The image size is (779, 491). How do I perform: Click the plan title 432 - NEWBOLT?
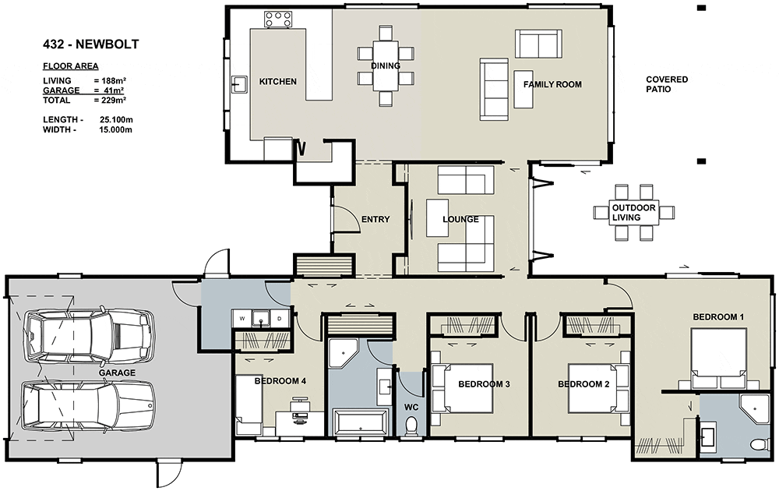point(91,44)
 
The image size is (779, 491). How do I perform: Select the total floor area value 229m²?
point(110,100)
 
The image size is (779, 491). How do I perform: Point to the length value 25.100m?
point(116,120)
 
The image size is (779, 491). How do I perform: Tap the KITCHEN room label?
point(278,82)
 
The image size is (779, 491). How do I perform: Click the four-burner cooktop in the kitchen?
point(278,19)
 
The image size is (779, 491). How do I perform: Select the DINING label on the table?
point(386,65)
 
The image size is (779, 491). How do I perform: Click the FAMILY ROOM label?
point(552,84)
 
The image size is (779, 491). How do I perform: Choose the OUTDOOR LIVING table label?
point(633,213)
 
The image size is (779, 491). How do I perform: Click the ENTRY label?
point(375,219)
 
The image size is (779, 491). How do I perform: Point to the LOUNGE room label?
point(460,219)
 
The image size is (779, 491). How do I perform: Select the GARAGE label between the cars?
point(117,373)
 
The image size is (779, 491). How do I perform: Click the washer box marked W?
point(242,319)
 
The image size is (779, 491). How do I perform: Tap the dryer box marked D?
point(280,319)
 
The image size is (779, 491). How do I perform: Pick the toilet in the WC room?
point(411,426)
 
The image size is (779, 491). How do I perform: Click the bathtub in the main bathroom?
point(361,423)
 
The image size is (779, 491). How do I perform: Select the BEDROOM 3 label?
point(484,384)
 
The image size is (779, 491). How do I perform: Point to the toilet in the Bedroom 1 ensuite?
point(758,443)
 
